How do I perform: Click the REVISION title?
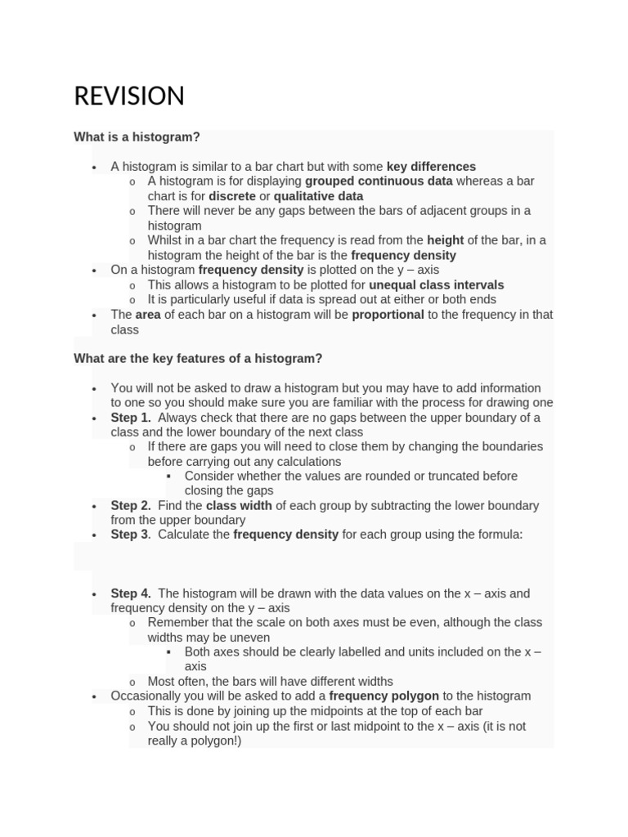129,96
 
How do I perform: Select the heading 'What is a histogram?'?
137,137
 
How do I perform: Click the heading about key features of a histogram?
198,358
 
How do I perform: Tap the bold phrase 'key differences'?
431,167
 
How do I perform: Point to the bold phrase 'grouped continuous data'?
379,181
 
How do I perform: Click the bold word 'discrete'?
232,196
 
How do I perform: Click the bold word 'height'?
445,240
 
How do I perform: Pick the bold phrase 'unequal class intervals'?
437,285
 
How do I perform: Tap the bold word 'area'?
148,315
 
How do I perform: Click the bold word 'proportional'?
388,315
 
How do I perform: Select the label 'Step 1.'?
131,418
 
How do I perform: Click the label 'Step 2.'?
131,506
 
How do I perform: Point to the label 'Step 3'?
130,535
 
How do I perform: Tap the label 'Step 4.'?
131,593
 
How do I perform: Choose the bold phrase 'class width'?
239,506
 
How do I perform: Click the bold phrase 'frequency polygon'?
384,696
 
